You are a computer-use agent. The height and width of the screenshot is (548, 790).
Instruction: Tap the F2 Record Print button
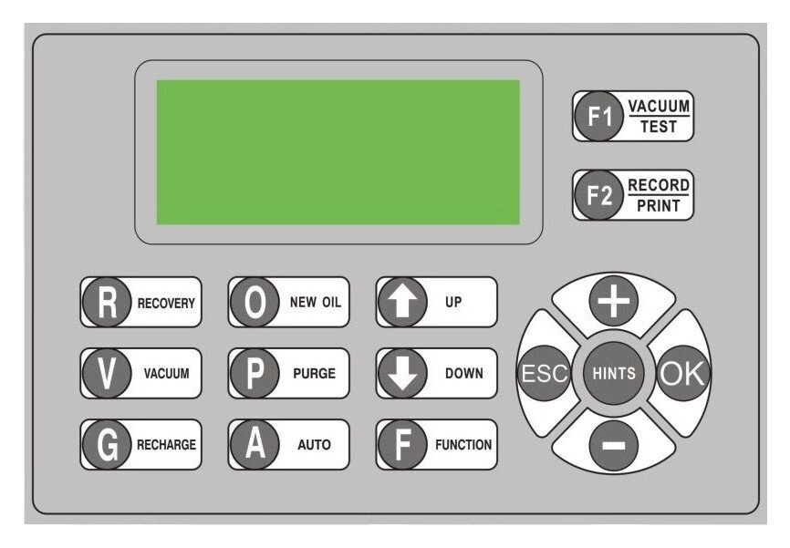(632, 195)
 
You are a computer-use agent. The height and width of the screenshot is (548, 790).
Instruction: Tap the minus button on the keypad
(612, 445)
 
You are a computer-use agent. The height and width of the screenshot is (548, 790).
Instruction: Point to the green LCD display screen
(338, 151)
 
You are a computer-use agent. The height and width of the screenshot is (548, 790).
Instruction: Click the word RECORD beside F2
(659, 185)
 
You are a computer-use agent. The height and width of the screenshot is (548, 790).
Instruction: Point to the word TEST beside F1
(659, 128)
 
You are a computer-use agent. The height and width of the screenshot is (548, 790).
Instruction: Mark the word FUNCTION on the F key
(463, 446)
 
